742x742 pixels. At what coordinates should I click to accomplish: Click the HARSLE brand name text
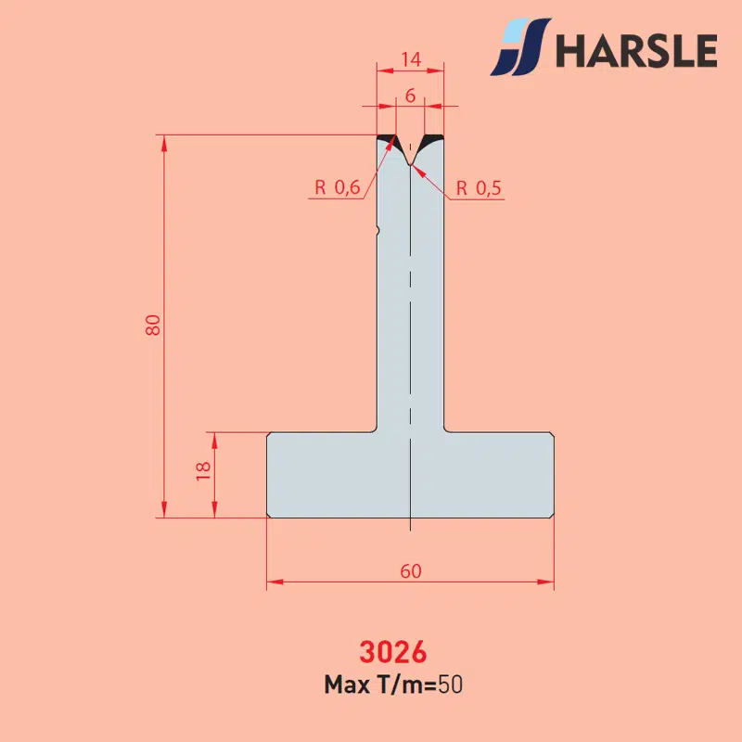tap(636, 51)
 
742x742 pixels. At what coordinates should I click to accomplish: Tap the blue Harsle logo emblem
tap(520, 47)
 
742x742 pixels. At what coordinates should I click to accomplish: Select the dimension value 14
tap(411, 59)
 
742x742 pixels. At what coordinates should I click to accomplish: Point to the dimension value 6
tap(410, 96)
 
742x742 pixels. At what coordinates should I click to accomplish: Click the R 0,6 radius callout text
tap(338, 188)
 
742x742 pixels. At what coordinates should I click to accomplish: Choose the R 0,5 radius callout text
tap(479, 188)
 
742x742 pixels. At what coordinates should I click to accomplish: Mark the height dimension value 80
tap(153, 326)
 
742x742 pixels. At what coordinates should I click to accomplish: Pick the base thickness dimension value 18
tap(203, 471)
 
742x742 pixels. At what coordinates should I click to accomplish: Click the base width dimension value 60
tap(411, 571)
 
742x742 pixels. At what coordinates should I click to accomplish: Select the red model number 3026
tap(392, 652)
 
